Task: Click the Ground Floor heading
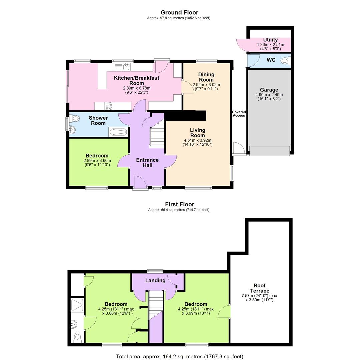(179, 13)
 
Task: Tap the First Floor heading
(179, 204)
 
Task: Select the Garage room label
(269, 90)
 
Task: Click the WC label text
(271, 61)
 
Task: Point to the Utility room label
(270, 40)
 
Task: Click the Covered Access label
(239, 114)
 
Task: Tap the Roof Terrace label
(259, 288)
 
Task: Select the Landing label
(155, 280)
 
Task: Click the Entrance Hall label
(147, 162)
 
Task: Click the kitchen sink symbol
(126, 67)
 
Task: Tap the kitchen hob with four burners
(109, 106)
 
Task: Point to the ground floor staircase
(157, 133)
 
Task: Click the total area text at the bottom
(179, 356)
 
